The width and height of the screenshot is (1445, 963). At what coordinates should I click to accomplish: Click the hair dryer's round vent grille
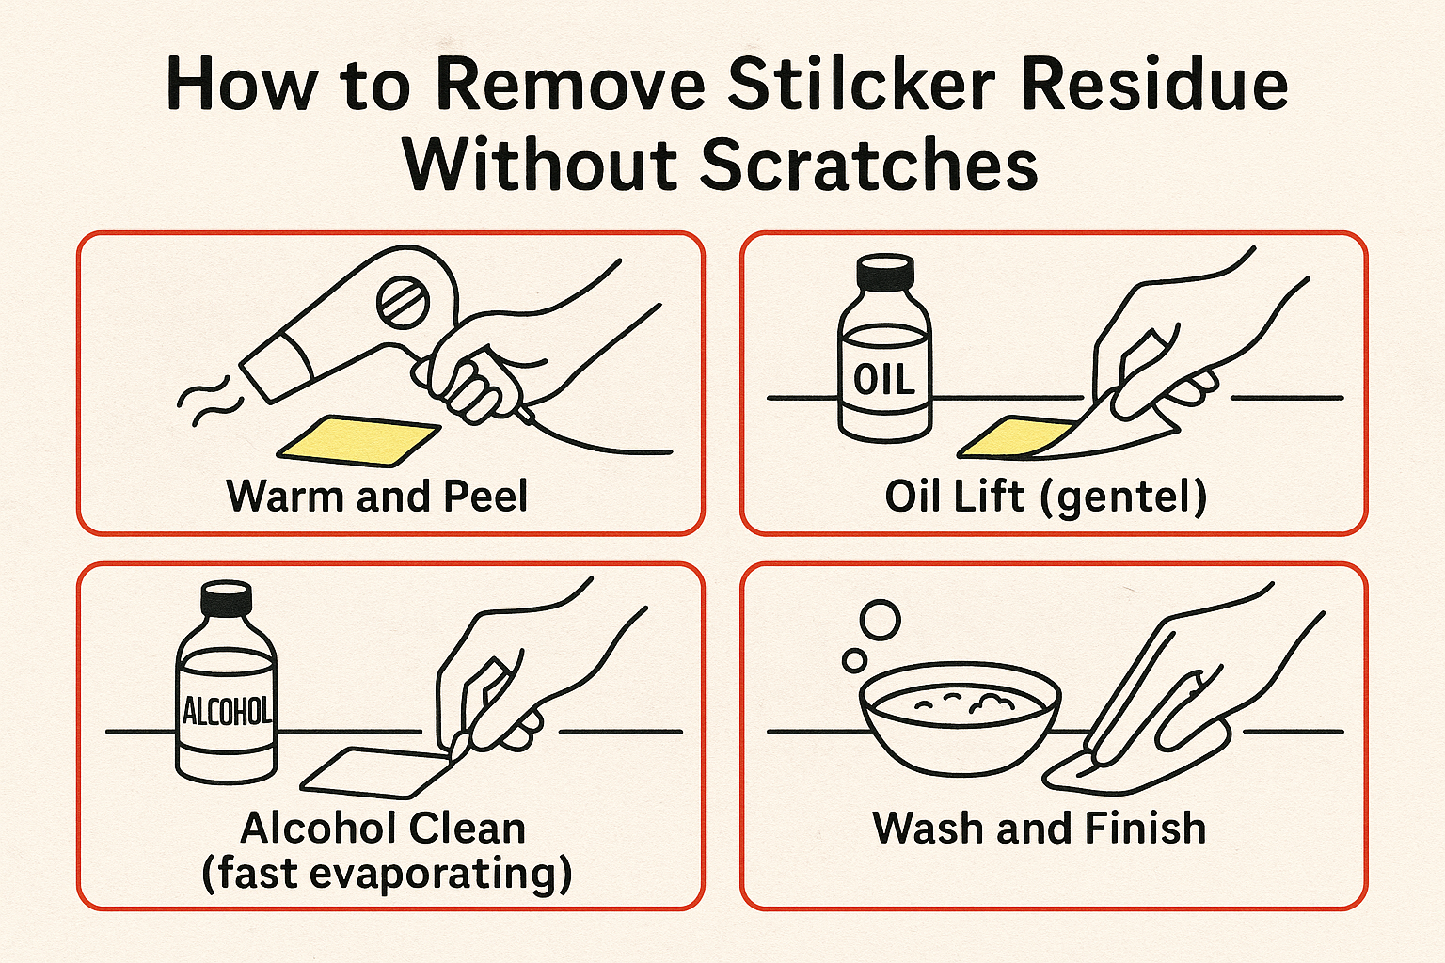click(403, 302)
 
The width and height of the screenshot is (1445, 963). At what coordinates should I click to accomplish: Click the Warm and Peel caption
click(376, 497)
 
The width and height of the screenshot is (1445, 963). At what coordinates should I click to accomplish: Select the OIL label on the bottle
click(883, 380)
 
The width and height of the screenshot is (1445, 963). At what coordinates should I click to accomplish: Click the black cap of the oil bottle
click(885, 272)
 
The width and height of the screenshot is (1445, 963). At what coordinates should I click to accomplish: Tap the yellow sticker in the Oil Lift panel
click(1011, 437)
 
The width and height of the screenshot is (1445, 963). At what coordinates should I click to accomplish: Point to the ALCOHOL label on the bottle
click(227, 711)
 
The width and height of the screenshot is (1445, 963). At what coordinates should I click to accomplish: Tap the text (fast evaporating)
click(387, 874)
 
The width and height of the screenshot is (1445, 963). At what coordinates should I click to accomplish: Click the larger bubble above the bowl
click(881, 620)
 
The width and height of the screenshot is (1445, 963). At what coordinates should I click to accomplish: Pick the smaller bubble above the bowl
click(854, 660)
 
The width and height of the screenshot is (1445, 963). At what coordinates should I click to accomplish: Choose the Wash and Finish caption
click(1039, 829)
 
